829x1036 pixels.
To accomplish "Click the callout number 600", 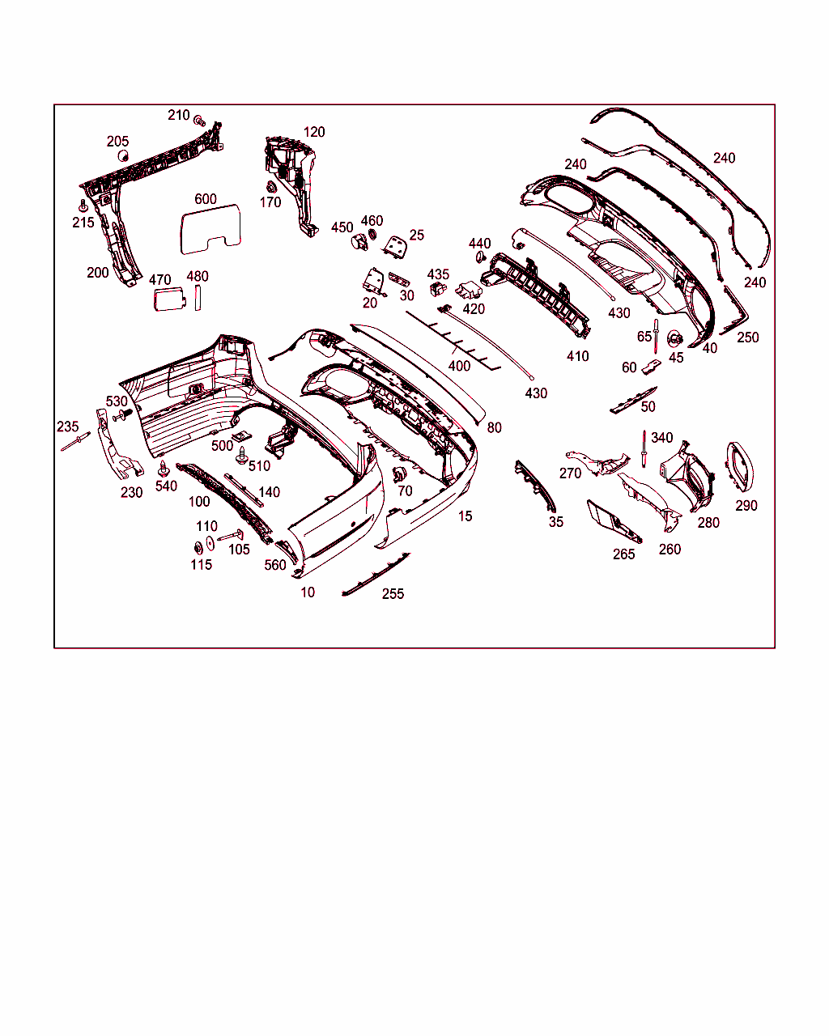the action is click(x=205, y=199).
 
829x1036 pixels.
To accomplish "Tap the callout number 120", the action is click(x=314, y=132).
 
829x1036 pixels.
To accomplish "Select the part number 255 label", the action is click(x=393, y=593).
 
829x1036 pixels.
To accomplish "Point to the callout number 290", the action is click(x=746, y=506).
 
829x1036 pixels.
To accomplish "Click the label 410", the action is click(x=577, y=356).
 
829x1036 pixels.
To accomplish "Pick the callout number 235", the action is click(x=67, y=427).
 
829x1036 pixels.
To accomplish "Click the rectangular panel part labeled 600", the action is click(x=210, y=229).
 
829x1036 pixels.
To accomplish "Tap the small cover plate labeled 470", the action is click(x=169, y=299).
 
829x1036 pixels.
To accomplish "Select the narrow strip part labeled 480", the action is click(x=198, y=298).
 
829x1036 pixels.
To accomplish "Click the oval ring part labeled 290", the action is click(x=741, y=466).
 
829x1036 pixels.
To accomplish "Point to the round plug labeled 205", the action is click(x=123, y=156).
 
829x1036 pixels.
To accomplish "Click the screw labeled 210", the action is click(x=199, y=121).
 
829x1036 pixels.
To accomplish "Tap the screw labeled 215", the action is click(x=83, y=206).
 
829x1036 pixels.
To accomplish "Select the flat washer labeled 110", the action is click(x=210, y=543).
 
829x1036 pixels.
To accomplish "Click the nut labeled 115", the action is click(x=198, y=548).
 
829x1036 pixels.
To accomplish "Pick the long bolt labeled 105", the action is click(x=231, y=535).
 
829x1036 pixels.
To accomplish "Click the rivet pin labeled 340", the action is click(x=644, y=448).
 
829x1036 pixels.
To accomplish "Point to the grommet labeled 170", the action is click(x=271, y=187).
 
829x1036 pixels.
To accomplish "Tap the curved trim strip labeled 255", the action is click(x=376, y=575).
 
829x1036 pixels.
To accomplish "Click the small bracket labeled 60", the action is click(x=651, y=368).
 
